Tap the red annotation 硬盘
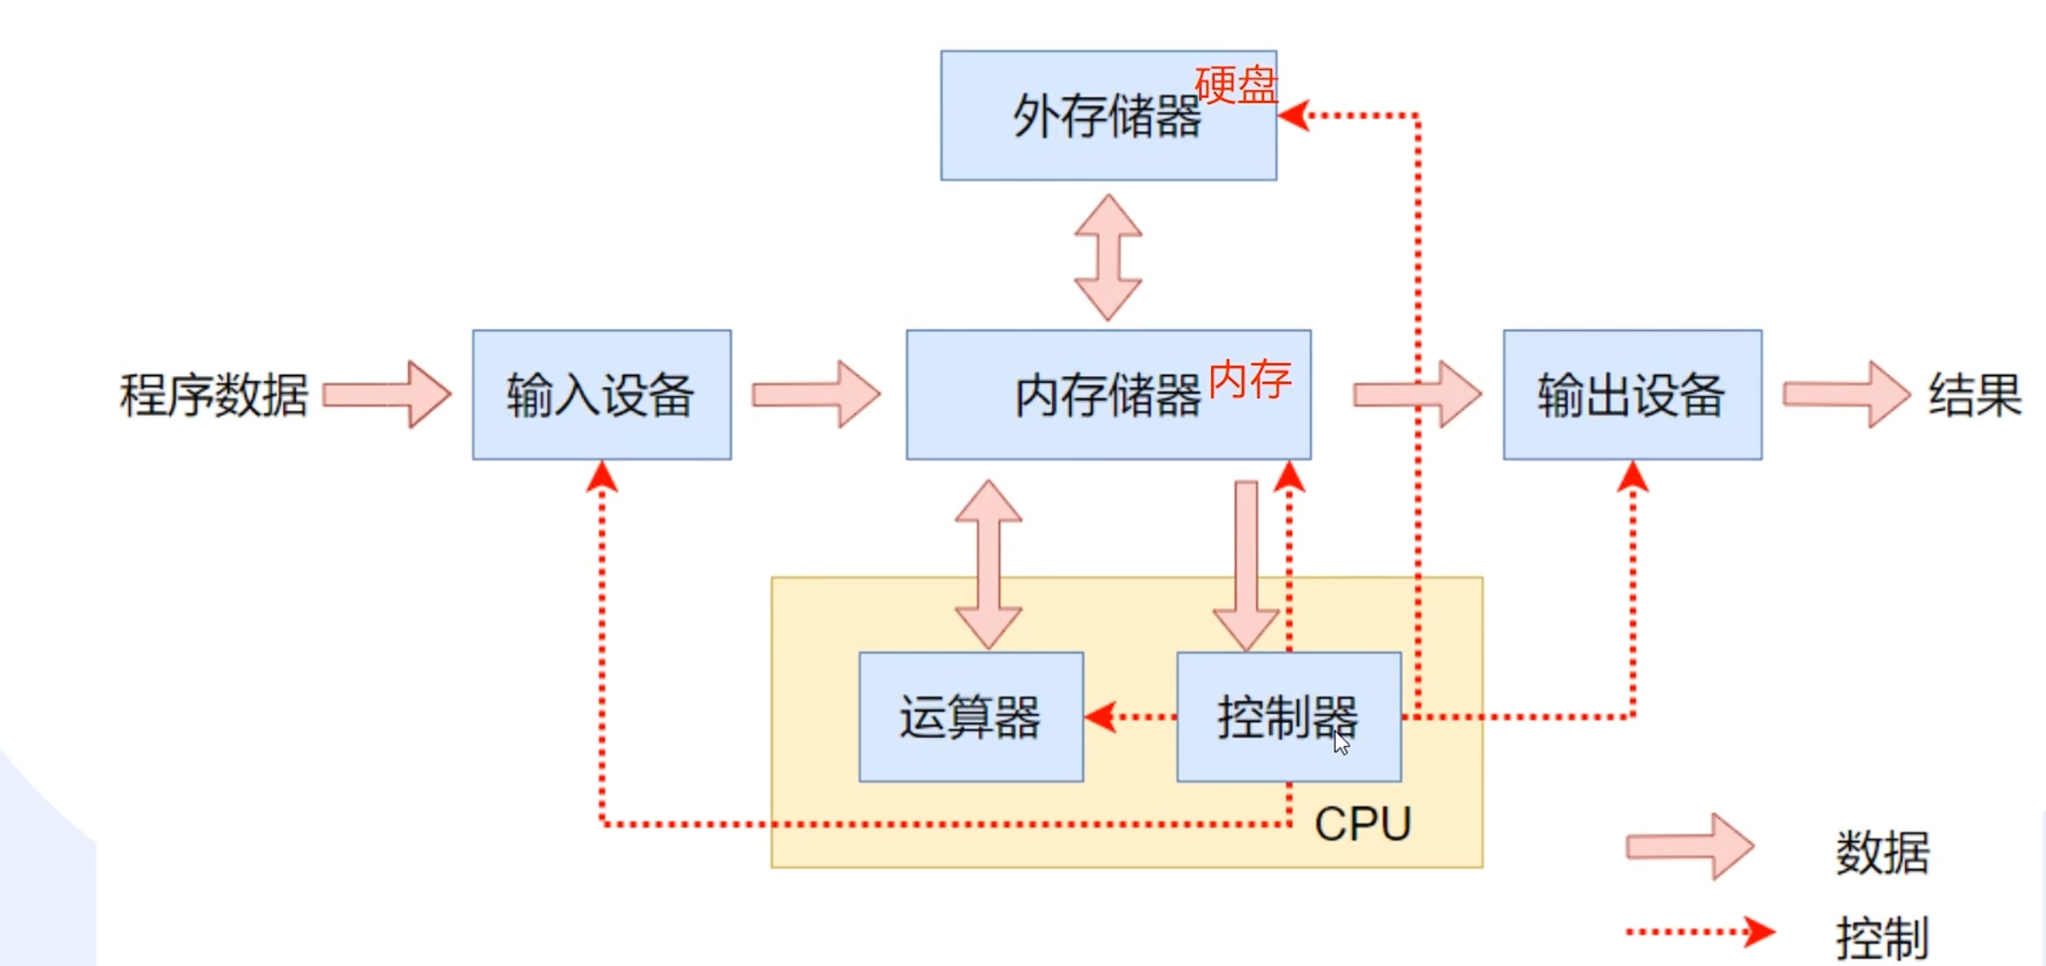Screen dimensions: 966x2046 [1235, 85]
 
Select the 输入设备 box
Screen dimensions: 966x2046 [601, 395]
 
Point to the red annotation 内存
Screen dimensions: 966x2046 [1249, 380]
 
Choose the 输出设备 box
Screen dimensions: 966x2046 [1632, 395]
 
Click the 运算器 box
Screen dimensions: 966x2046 [970, 716]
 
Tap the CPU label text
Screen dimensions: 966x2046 [1362, 824]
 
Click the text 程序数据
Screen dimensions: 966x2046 [214, 395]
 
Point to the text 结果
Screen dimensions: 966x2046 [1974, 395]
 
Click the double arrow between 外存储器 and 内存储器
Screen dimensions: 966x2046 [1108, 256]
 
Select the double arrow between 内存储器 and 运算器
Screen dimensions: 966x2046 [988, 564]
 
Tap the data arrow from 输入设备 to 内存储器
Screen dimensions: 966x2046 [816, 394]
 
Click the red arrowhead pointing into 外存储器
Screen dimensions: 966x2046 [1295, 115]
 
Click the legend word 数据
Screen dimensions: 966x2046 [1882, 851]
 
